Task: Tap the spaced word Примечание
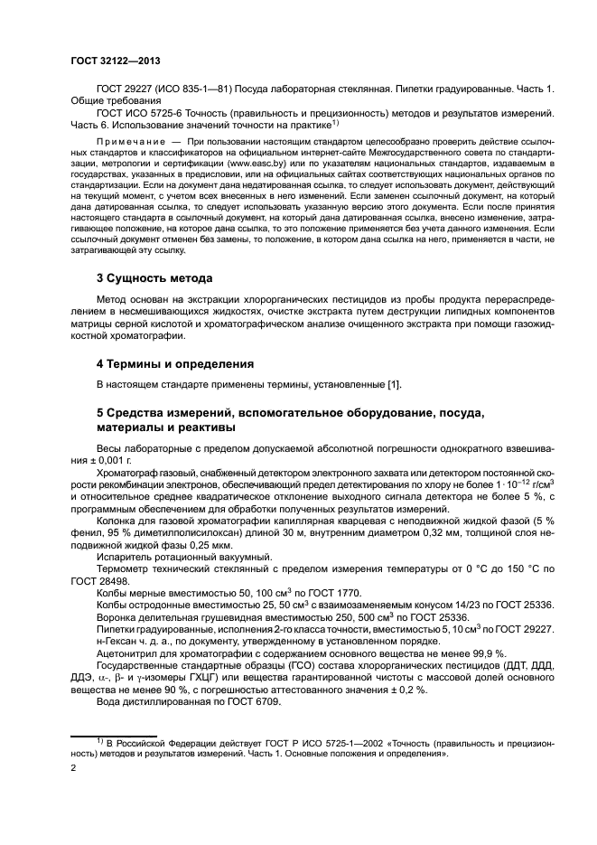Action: (x=128, y=143)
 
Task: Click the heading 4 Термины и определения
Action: (x=176, y=364)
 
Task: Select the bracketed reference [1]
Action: (x=393, y=386)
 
